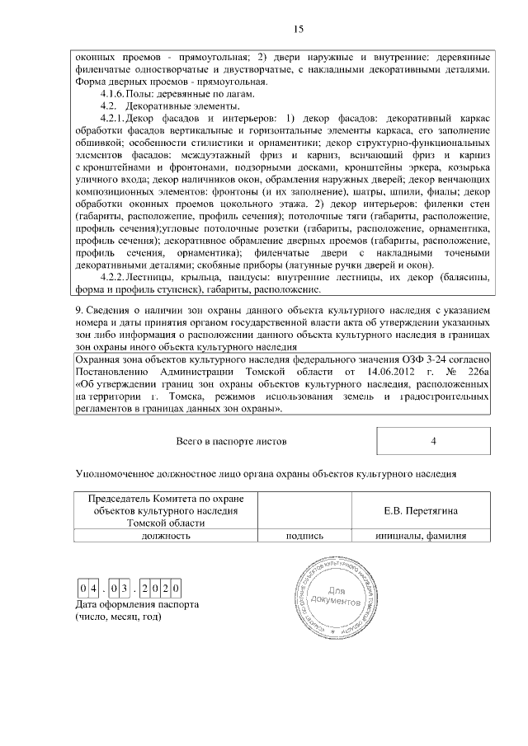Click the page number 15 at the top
click(299, 30)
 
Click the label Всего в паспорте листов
click(232, 441)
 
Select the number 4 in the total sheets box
click(433, 441)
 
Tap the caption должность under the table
click(166, 535)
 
